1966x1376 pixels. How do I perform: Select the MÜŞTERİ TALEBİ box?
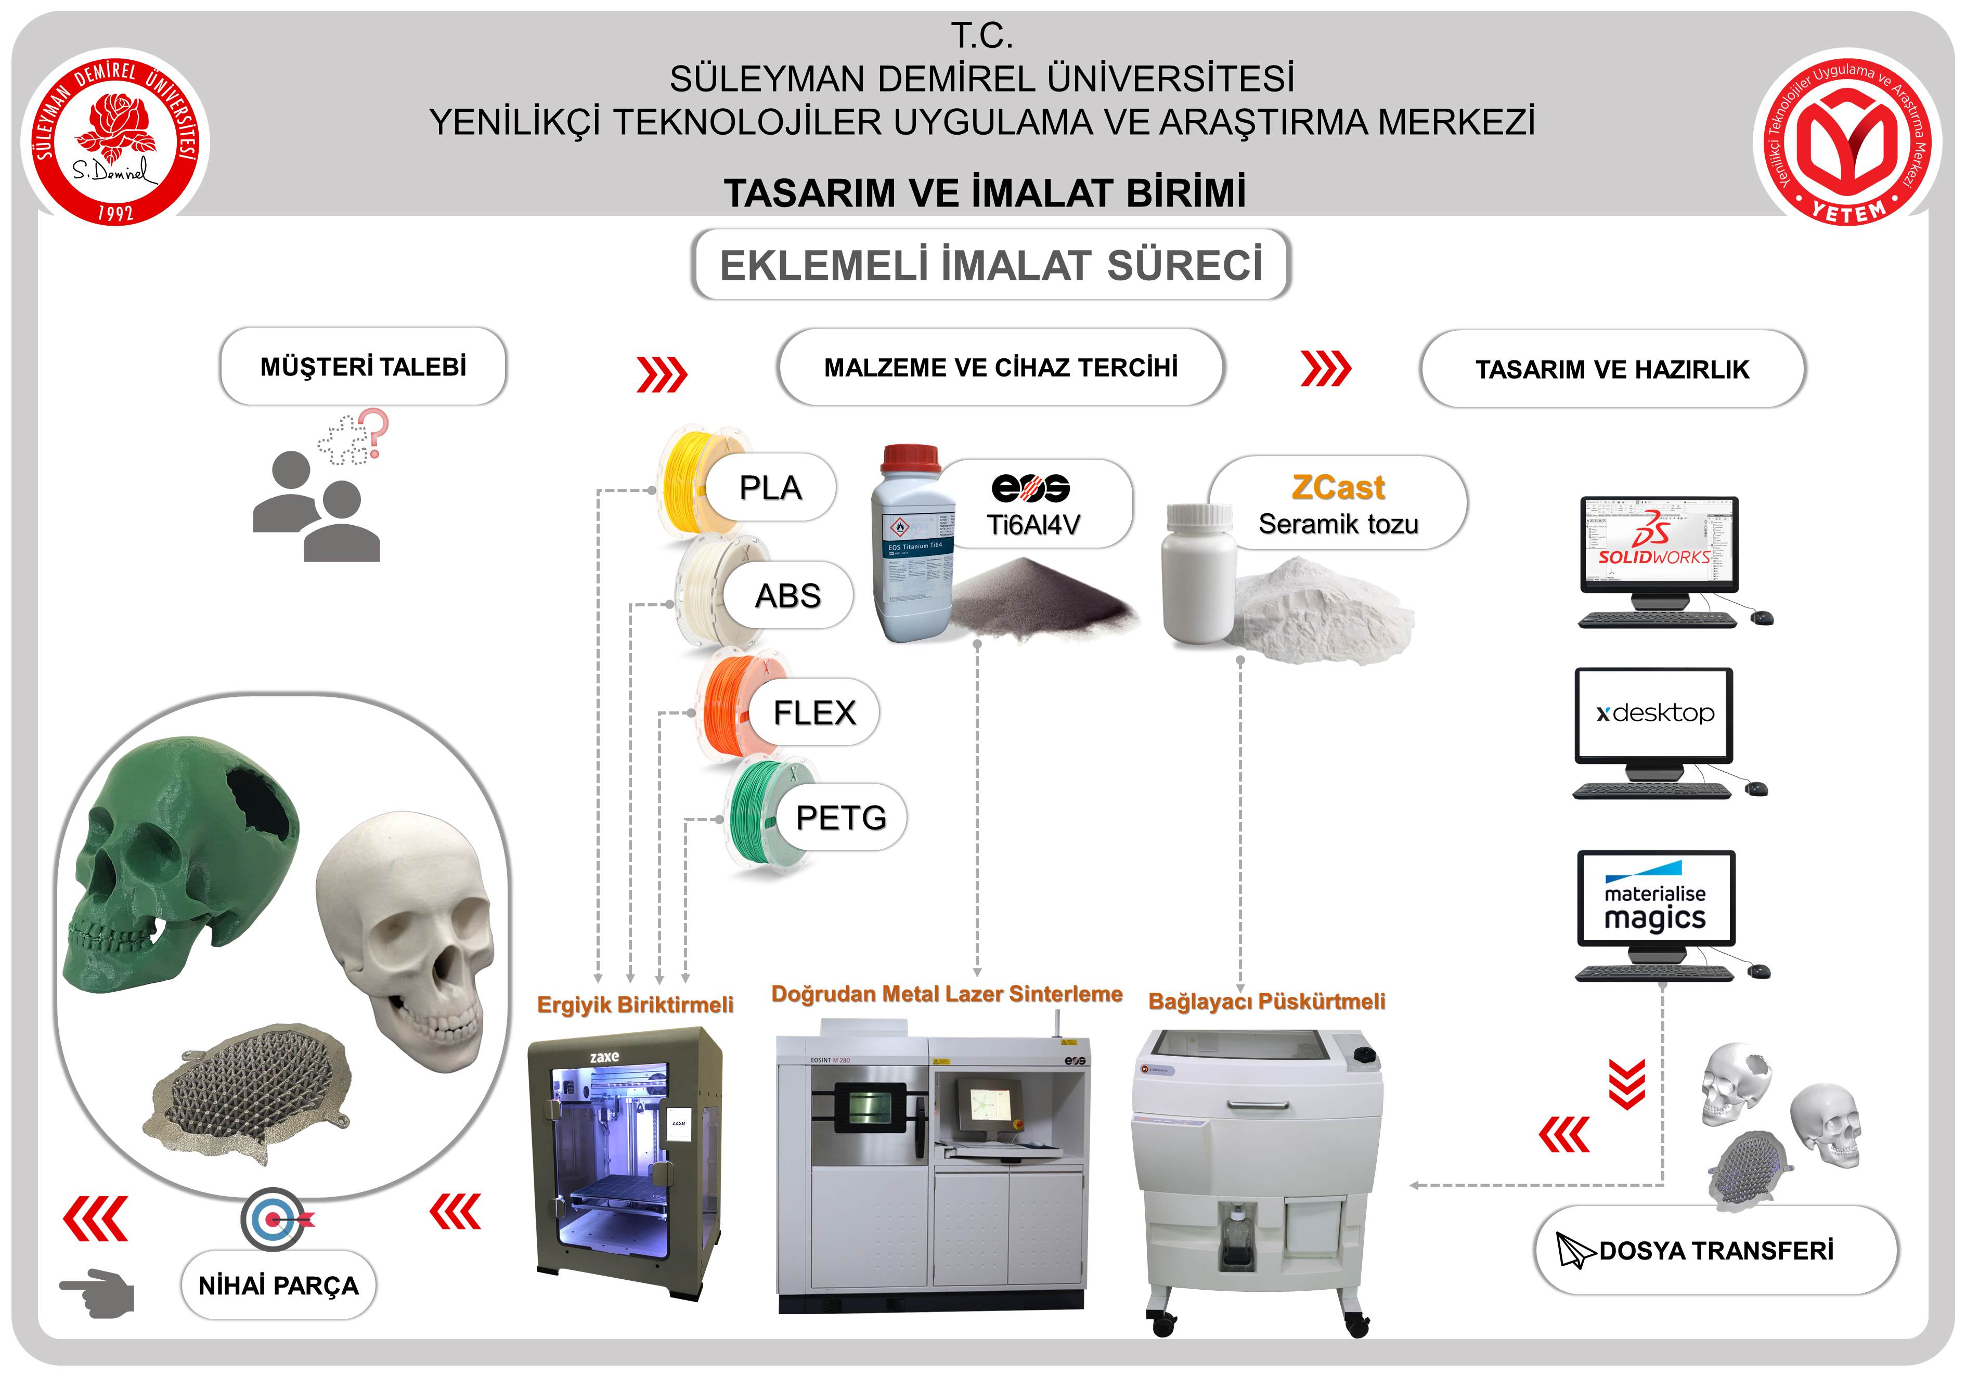click(363, 367)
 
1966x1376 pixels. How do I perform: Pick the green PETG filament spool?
click(754, 813)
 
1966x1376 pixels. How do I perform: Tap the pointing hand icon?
click(98, 1291)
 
